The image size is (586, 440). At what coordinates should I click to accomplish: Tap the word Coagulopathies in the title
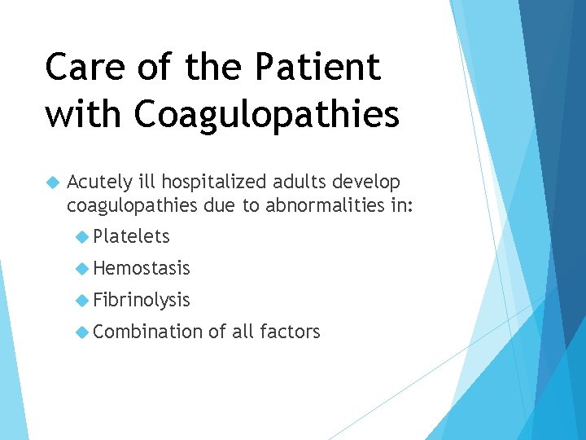click(267, 115)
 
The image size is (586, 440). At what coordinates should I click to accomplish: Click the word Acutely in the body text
click(98, 181)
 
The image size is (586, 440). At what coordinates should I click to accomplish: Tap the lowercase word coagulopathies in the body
click(132, 206)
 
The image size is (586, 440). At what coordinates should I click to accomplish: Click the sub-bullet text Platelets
click(131, 237)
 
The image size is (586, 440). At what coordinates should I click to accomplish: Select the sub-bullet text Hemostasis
click(142, 268)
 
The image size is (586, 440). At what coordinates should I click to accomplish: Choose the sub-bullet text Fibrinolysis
click(142, 300)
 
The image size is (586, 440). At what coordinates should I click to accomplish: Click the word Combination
click(148, 332)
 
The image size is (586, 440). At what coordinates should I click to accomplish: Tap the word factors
click(290, 332)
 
